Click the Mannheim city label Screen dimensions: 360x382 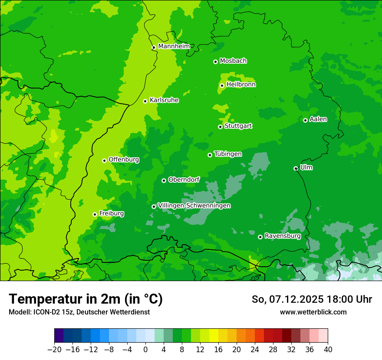(x=174, y=46)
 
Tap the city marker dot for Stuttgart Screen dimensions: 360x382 (x=220, y=127)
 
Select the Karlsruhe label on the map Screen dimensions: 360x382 (x=164, y=100)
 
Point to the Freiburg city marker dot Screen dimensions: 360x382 (x=95, y=214)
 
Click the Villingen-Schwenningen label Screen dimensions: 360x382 (x=194, y=206)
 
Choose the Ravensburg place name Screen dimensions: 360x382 (x=283, y=236)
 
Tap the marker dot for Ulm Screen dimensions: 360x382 (x=296, y=168)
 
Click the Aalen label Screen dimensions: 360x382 (x=318, y=119)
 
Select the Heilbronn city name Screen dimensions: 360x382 (x=241, y=85)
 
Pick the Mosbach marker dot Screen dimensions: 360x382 (x=215, y=62)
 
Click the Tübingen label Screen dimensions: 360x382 (x=228, y=154)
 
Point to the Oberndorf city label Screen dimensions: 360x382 (x=184, y=180)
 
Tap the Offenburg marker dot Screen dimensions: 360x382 (x=104, y=160)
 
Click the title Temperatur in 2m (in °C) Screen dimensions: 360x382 (x=86, y=299)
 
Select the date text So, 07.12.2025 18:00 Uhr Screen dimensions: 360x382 (x=312, y=299)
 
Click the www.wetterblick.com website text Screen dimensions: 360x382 (x=313, y=312)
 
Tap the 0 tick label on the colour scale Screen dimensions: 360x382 (x=145, y=350)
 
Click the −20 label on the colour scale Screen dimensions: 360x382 (x=54, y=350)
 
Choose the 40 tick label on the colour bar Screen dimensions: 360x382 (x=328, y=350)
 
